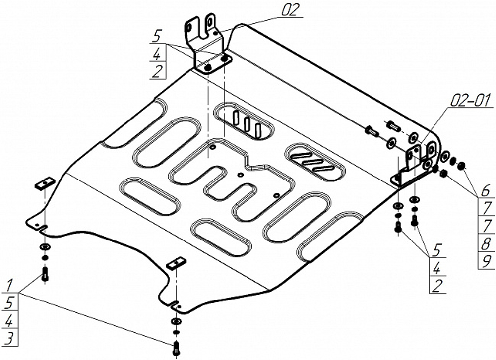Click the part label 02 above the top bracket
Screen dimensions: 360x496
[292, 10]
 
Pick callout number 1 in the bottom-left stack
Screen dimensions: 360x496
[9, 285]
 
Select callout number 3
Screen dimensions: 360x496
[9, 338]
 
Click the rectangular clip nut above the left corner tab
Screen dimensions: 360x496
[43, 183]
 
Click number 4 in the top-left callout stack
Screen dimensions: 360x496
[158, 55]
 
